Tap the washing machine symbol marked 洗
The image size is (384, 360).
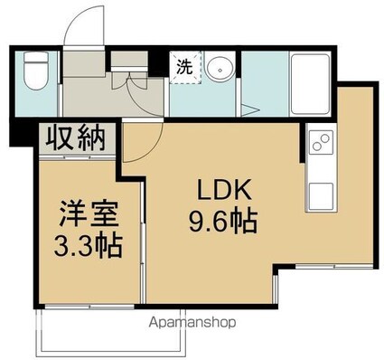183,67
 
